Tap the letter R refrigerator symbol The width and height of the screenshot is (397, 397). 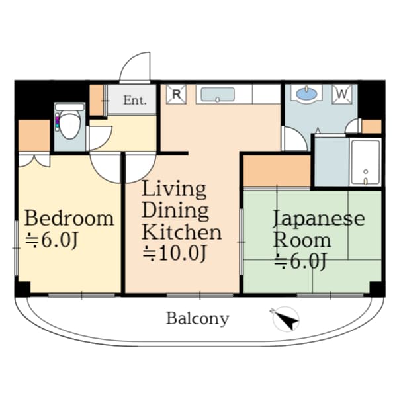tap(176, 95)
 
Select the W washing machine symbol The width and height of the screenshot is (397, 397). tap(342, 94)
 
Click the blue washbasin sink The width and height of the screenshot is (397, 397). tap(306, 94)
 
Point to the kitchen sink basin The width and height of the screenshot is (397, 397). tap(218, 95)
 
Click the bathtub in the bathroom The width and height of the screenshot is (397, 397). tap(366, 162)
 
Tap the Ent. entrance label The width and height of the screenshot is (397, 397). tap(135, 101)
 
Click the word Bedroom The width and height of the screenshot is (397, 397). tap(69, 218)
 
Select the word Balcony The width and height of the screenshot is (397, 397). tap(197, 318)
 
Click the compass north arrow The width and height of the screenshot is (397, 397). tap(286, 319)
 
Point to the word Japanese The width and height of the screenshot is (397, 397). tap(319, 218)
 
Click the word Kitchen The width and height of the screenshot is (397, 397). tap(181, 232)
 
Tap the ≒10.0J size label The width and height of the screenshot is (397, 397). tap(175, 253)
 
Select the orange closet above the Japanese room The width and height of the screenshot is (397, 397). tap(277, 171)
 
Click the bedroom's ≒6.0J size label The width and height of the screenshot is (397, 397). tap(51, 240)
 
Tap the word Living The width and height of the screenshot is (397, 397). tap(174, 190)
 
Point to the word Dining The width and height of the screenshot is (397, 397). tap(175, 212)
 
